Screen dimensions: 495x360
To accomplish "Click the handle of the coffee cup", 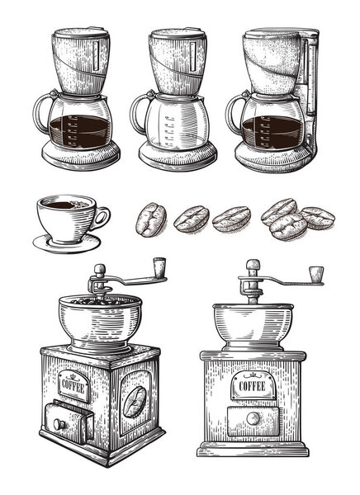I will [x=101, y=218].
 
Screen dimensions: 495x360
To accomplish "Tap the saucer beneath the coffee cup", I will [x=66, y=243].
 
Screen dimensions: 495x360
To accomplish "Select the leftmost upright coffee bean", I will [x=149, y=219].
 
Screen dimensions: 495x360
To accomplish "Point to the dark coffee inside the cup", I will [x=65, y=204].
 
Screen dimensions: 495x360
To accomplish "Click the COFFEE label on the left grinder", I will [x=73, y=384].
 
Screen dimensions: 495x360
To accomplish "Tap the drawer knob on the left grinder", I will [x=59, y=424].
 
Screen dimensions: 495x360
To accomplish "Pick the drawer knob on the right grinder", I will [x=252, y=419].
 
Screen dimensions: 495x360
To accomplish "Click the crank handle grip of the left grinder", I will [x=159, y=266].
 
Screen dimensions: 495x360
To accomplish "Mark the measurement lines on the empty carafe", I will [x=168, y=128].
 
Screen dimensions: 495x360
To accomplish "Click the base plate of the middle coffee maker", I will [x=177, y=156].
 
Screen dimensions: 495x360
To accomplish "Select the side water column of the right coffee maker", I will [x=311, y=91].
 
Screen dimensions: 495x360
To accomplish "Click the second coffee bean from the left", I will [x=191, y=219].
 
